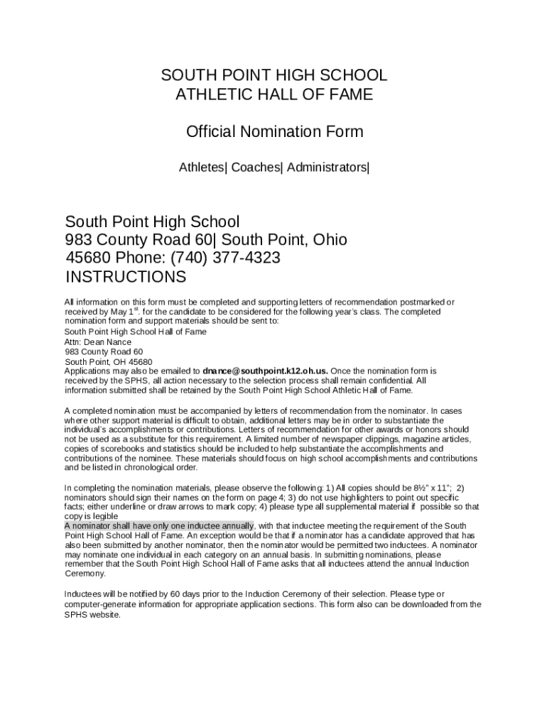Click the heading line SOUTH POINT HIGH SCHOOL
[273, 76]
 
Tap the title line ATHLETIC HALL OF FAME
[273, 95]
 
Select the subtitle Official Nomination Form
[273, 132]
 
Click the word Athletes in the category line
[202, 168]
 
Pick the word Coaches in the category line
[256, 168]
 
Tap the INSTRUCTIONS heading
[126, 277]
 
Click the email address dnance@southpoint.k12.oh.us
[265, 371]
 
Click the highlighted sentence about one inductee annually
[158, 525]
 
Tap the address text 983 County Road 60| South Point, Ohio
[206, 240]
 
